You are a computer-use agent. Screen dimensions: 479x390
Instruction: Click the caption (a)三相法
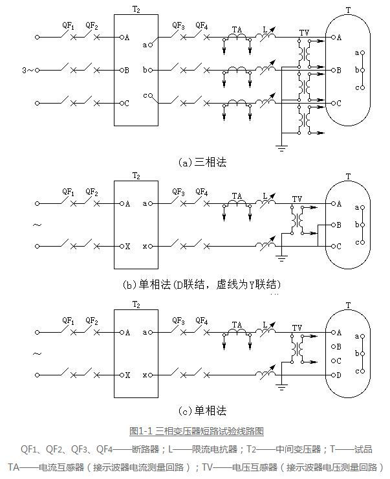pos(202,162)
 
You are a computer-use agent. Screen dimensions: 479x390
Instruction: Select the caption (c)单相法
pos(202,410)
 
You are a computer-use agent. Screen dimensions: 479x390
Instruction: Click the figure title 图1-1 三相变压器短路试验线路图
pos(197,430)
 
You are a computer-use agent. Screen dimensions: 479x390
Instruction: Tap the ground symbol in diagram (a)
pos(282,148)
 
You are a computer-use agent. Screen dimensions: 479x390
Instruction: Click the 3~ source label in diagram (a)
pos(25,70)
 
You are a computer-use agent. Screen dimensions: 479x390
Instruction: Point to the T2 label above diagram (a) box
pos(136,8)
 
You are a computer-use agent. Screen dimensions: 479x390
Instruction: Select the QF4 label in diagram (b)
pos(202,192)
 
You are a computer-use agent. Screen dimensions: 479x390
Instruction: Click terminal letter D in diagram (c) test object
pos(338,375)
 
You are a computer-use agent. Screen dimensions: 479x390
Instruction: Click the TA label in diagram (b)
pos(237,194)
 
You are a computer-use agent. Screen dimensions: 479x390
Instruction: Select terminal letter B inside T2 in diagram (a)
pos(126,69)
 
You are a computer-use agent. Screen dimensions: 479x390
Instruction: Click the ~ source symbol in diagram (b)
pos(37,225)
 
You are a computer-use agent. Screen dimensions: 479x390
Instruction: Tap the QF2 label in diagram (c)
pos(92,320)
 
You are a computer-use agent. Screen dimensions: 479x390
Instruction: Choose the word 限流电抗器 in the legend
pos(196,449)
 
